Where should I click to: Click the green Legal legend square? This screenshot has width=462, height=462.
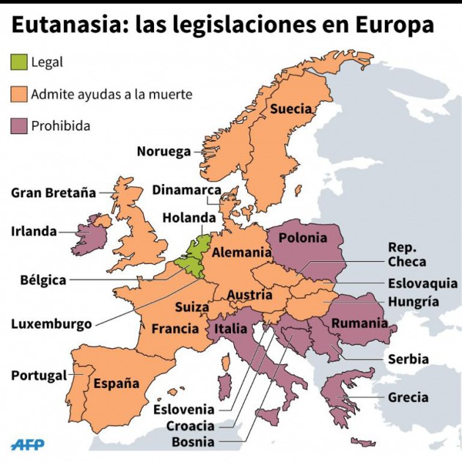click(19, 62)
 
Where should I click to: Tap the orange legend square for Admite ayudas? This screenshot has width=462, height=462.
click(19, 94)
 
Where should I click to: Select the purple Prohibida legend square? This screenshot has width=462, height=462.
click(19, 125)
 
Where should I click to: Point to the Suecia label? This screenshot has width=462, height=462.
click(291, 109)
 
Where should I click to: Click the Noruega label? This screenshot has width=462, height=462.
click(164, 152)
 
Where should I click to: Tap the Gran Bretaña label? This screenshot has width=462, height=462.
click(54, 193)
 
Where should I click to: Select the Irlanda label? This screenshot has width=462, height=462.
click(34, 231)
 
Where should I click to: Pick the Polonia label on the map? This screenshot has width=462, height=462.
click(303, 238)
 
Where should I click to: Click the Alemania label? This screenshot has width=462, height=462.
click(242, 252)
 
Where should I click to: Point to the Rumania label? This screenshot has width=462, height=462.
click(359, 323)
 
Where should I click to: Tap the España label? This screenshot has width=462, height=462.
click(116, 383)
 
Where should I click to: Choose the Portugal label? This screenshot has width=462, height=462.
click(39, 375)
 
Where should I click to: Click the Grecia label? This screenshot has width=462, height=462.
click(408, 397)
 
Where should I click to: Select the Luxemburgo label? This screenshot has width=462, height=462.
click(51, 323)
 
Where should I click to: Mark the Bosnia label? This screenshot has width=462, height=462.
click(193, 441)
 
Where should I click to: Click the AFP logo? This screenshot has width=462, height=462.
click(28, 444)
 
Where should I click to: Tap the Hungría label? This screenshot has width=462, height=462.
click(414, 301)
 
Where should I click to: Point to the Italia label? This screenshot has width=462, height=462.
click(230, 329)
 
